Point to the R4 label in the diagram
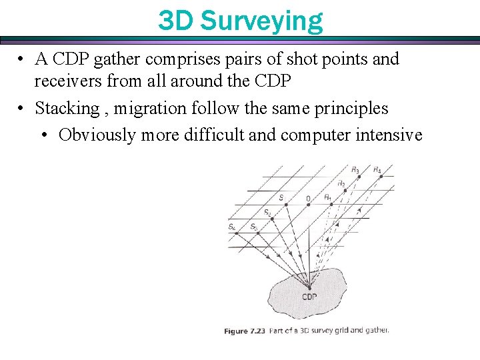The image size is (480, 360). click(x=377, y=170)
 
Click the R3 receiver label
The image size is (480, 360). click(x=355, y=170)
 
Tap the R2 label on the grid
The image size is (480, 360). click(x=341, y=183)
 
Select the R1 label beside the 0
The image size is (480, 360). click(x=327, y=197)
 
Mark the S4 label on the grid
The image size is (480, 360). click(x=231, y=227)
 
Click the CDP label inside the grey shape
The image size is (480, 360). click(x=309, y=297)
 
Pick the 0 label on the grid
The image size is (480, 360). click(x=308, y=198)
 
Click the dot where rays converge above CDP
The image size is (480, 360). click(x=309, y=287)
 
